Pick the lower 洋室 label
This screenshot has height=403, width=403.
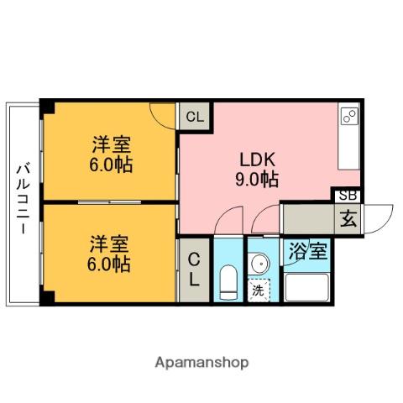[x=110, y=245]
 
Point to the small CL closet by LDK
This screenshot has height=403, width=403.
[x=195, y=117]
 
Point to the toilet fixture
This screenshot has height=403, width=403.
[x=228, y=281]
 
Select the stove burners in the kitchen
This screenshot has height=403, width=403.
[x=349, y=116]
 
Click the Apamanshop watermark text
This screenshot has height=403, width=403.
[x=201, y=363]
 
